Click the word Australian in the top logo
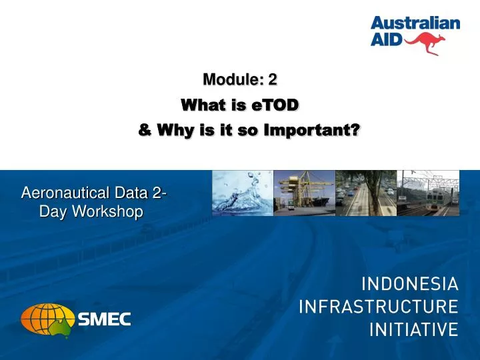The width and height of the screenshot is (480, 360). click(x=415, y=24)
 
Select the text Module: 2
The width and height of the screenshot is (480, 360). click(x=240, y=80)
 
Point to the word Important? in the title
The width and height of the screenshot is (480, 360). click(x=312, y=130)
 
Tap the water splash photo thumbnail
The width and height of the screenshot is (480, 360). click(x=242, y=193)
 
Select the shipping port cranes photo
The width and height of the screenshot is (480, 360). click(x=304, y=193)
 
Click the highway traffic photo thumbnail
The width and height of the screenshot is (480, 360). click(x=365, y=193)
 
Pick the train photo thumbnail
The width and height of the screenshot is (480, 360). click(x=428, y=193)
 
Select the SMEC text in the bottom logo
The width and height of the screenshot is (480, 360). click(x=105, y=319)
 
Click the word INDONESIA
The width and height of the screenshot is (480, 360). click(x=410, y=285)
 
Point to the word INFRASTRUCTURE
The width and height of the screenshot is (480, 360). click(x=379, y=307)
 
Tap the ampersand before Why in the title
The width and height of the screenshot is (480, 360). click(x=144, y=130)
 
